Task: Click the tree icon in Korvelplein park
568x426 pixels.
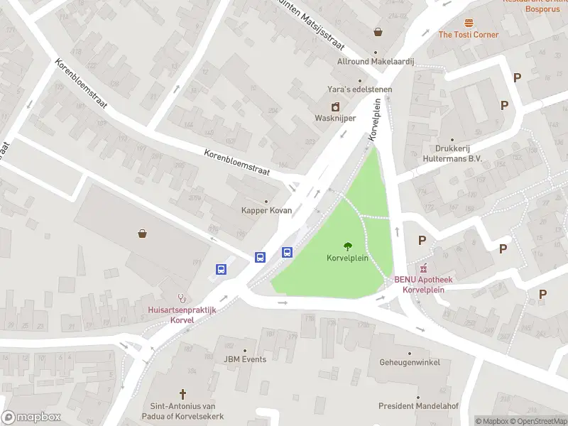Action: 347,246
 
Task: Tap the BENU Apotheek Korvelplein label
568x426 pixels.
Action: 424,284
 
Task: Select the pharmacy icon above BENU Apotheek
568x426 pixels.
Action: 424,268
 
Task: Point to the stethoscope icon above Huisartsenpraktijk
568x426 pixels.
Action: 182,298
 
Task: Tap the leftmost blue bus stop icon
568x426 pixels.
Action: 222,269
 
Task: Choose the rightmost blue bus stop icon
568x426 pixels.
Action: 288,252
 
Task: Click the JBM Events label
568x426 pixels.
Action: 245,359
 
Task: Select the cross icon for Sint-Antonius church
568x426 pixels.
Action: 182,393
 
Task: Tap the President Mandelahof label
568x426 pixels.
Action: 418,406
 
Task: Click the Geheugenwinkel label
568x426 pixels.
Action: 409,362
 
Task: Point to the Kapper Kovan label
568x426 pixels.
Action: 266,211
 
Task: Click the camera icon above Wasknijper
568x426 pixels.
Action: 336,106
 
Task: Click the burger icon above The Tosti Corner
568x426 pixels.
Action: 469,23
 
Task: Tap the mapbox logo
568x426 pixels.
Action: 31,417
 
